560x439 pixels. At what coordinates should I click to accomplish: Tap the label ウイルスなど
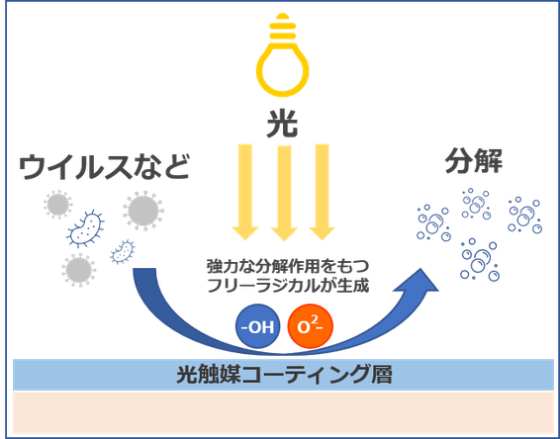(x=104, y=167)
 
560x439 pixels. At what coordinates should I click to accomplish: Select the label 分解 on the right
(x=474, y=161)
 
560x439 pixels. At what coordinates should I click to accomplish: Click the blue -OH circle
(x=257, y=326)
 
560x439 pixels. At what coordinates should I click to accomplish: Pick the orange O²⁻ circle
(x=310, y=326)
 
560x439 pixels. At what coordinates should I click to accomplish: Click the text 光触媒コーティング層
(x=284, y=375)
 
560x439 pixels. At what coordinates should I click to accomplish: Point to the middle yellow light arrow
(x=284, y=193)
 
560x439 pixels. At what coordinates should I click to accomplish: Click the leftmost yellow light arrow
(x=245, y=192)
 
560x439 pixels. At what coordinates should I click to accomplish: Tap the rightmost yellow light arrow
(x=323, y=192)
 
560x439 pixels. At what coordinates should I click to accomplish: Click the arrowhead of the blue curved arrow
(x=420, y=282)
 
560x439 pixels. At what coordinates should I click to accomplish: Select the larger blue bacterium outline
(x=85, y=228)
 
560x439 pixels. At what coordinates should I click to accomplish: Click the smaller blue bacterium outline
(x=123, y=251)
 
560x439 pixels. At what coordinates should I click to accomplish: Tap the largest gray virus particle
(x=143, y=211)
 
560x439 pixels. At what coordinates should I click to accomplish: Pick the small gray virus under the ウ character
(x=57, y=205)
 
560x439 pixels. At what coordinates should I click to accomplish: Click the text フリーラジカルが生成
(x=288, y=286)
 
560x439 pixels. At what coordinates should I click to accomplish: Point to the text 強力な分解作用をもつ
(x=288, y=266)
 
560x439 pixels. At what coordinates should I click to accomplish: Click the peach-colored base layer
(x=283, y=412)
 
